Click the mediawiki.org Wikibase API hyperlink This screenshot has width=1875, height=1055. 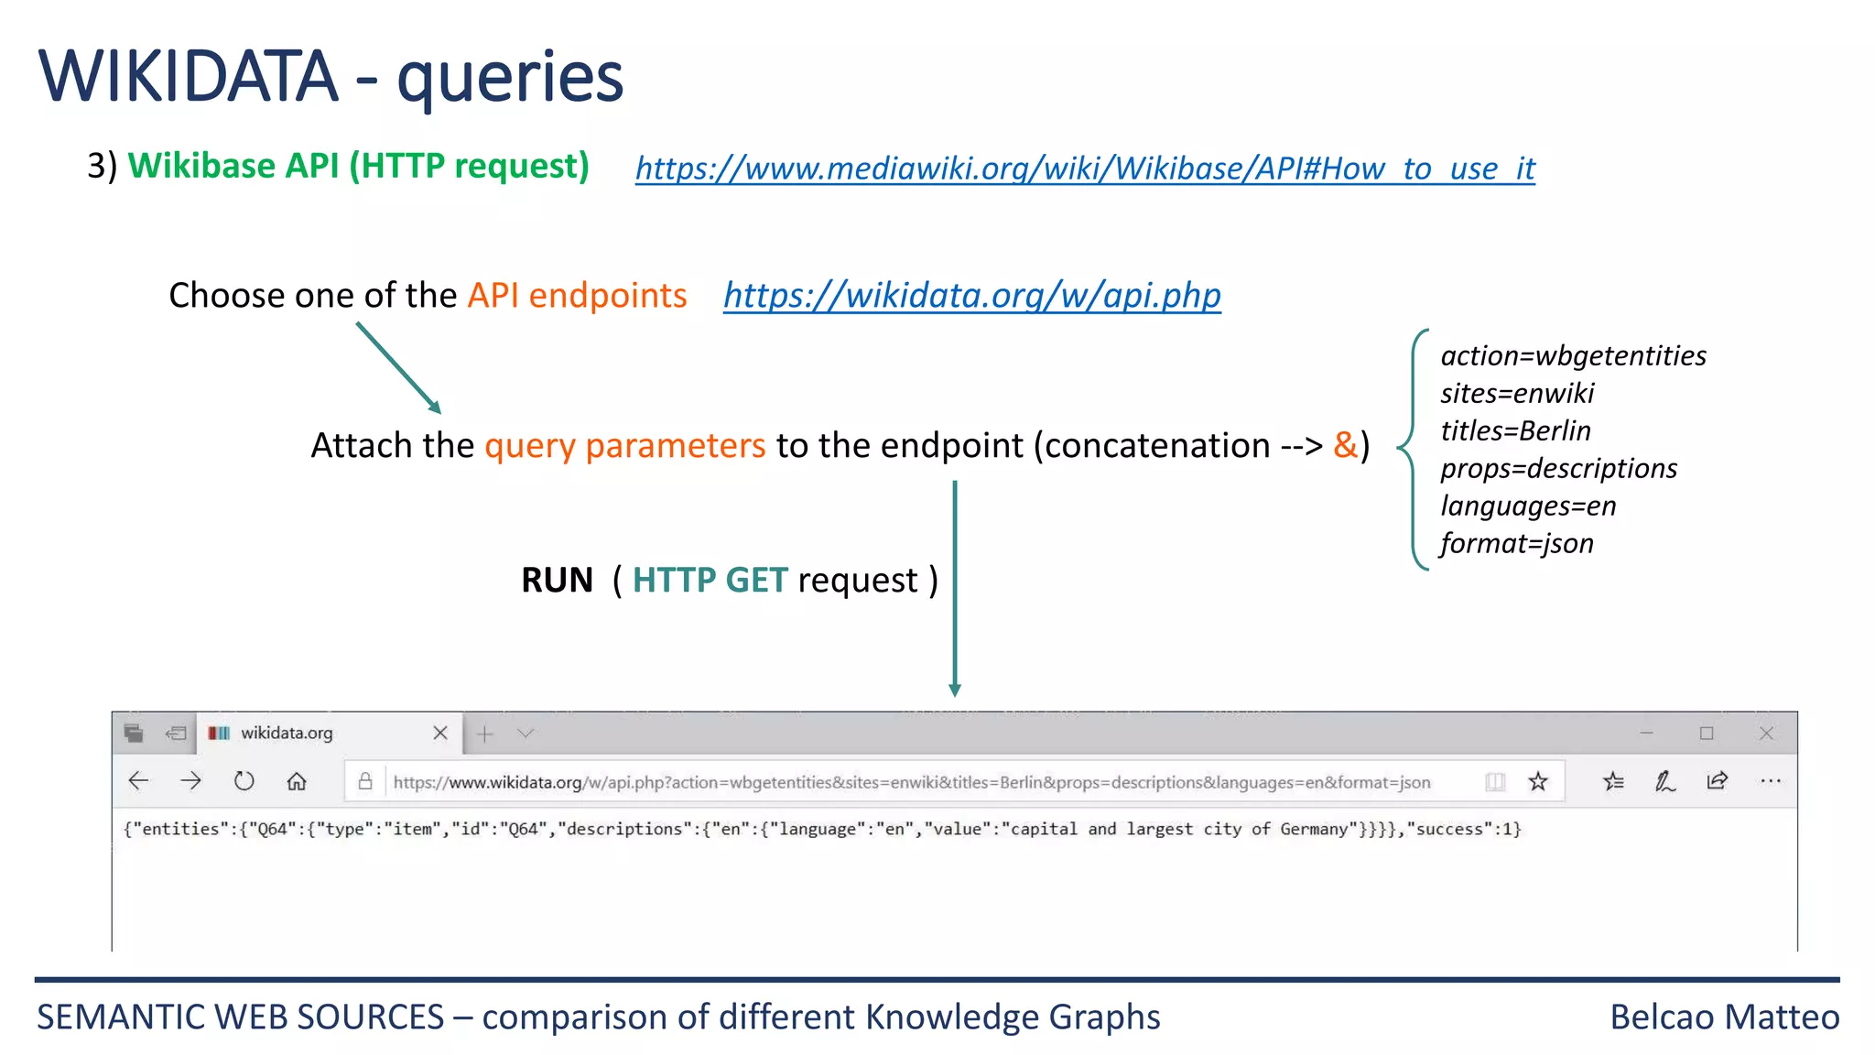pyautogui.click(x=1085, y=169)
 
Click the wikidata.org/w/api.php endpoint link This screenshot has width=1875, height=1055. pyautogui.click(x=971, y=296)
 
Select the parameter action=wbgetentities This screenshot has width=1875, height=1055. pyautogui.click(x=1573, y=355)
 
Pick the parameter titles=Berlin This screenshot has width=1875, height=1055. pyautogui.click(x=1515, y=430)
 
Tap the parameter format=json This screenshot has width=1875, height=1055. pyautogui.click(x=1516, y=543)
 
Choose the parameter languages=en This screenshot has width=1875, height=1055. pyautogui.click(x=1528, y=506)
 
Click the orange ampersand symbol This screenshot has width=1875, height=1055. pyautogui.click(x=1345, y=445)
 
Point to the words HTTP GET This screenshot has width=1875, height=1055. pyautogui.click(x=710, y=580)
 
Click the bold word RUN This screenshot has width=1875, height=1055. pyautogui.click(x=557, y=580)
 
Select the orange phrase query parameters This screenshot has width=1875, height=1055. pyautogui.click(x=624, y=445)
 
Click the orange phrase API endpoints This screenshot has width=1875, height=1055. pyautogui.click(x=577, y=296)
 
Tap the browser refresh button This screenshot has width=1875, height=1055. pyautogui.click(x=244, y=781)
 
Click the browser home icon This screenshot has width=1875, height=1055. pyautogui.click(x=297, y=781)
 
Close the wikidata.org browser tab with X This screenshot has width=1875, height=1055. pyautogui.click(x=440, y=733)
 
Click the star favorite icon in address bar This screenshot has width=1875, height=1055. pyautogui.click(x=1538, y=781)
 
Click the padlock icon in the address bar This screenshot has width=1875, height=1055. pyautogui.click(x=365, y=781)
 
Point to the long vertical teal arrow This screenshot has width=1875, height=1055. pyautogui.click(x=955, y=586)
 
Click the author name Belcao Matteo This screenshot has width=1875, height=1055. pyautogui.click(x=1724, y=1017)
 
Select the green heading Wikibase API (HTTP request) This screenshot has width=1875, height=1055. pyautogui.click(x=358, y=166)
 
